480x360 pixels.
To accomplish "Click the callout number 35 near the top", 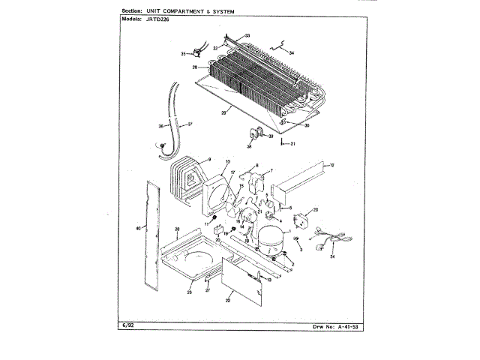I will coord(182,54).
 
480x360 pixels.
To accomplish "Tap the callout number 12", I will coord(332,164).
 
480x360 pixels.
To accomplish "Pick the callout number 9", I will coord(209,159).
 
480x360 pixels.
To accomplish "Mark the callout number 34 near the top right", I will coord(292,52).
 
